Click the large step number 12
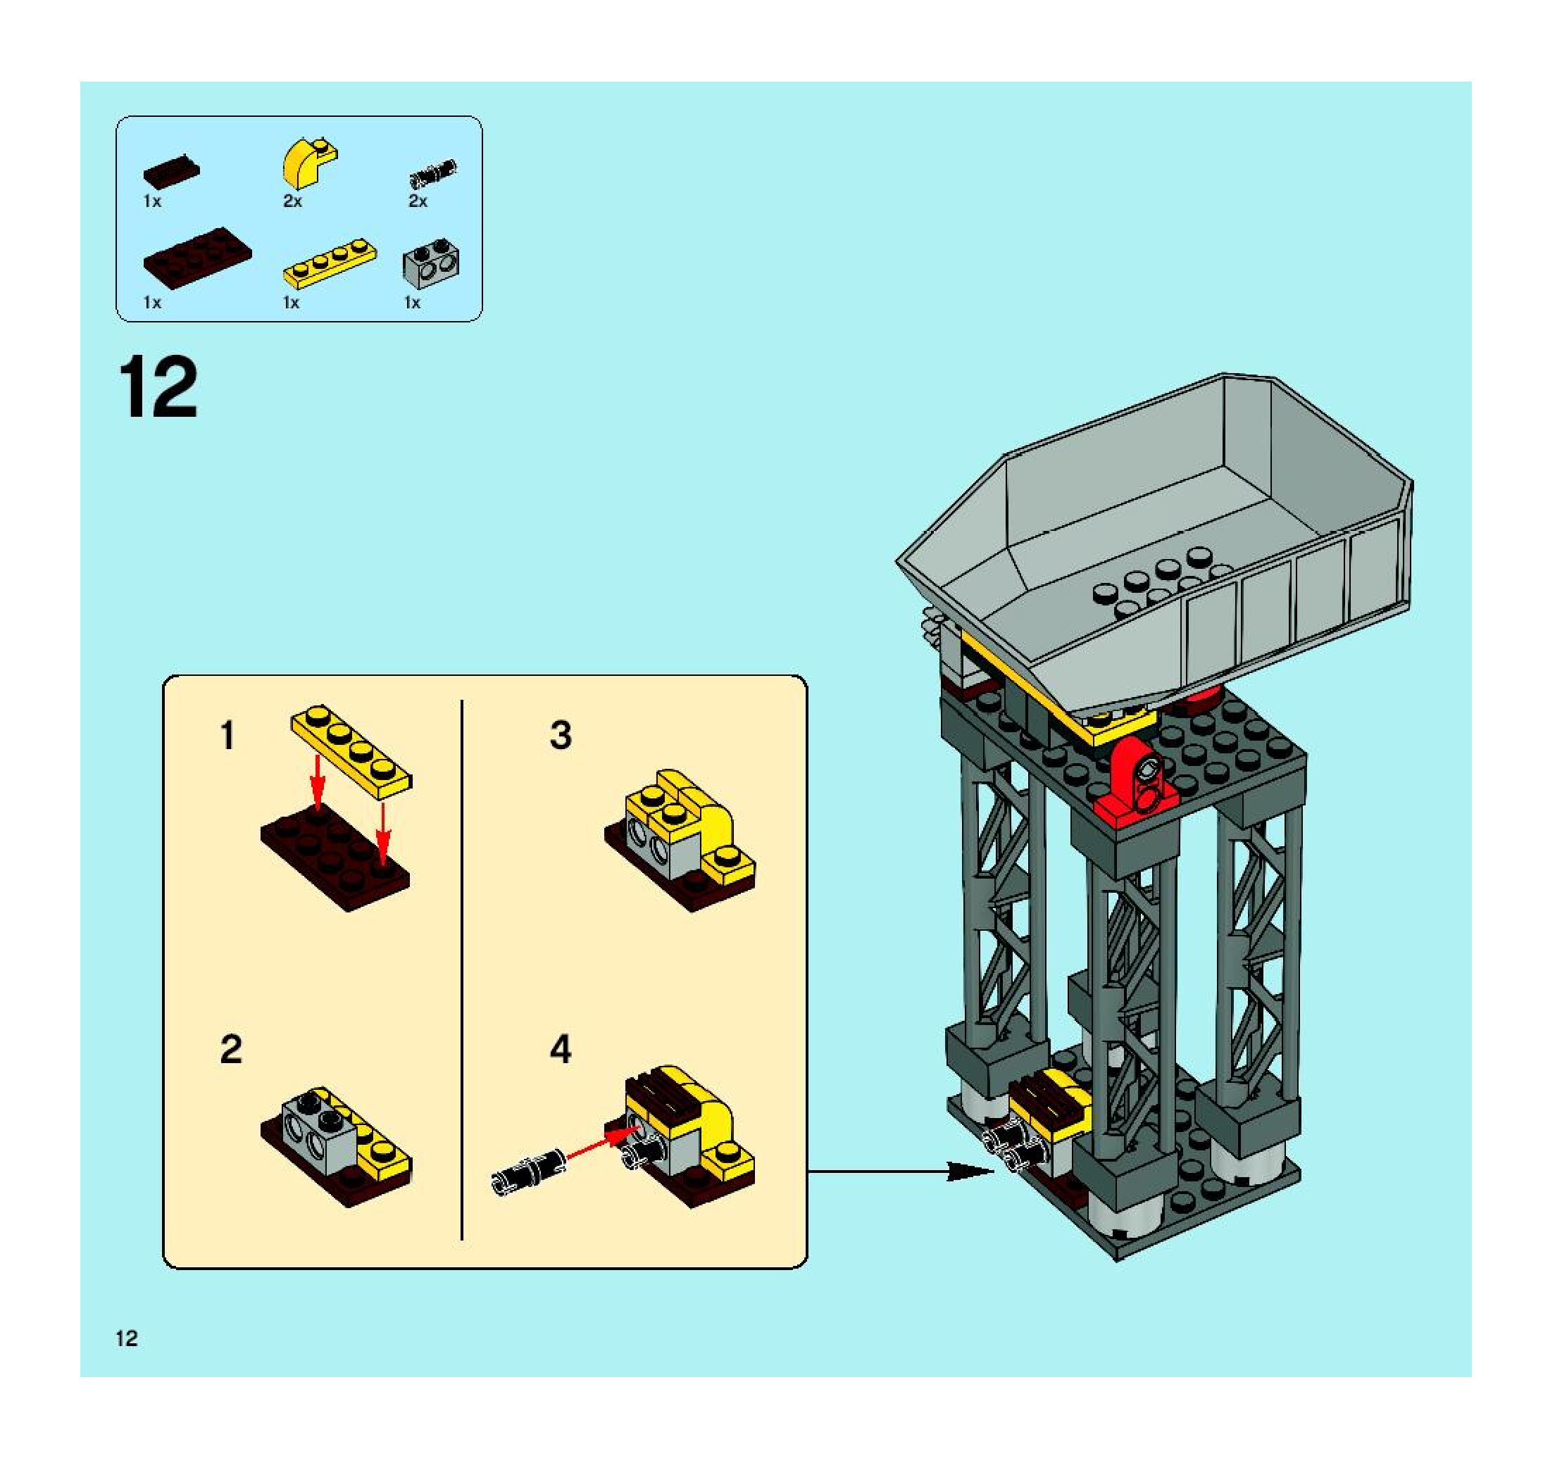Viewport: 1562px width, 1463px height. coord(158,388)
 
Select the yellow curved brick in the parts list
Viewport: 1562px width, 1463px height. coord(307,163)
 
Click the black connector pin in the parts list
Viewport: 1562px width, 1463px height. coord(432,172)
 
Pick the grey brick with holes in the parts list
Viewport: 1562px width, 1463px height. coord(430,265)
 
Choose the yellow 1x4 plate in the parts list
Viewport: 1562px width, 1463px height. coord(329,265)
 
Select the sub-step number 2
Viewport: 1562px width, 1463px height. coord(231,1050)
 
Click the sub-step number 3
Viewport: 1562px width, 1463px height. coord(560,736)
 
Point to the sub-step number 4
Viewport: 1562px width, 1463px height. coord(560,1050)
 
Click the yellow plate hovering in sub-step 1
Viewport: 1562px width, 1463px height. coord(351,746)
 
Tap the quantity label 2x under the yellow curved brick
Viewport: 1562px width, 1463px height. coord(292,202)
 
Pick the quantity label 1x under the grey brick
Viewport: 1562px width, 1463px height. coord(412,303)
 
